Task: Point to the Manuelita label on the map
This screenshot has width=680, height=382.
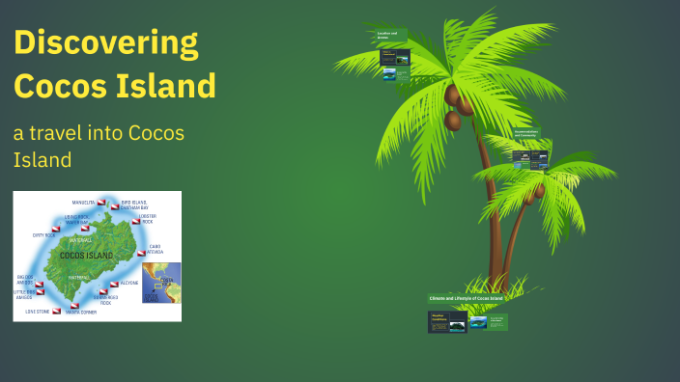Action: point(83,203)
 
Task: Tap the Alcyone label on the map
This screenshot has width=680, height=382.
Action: point(128,284)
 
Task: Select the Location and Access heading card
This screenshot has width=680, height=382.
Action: point(390,36)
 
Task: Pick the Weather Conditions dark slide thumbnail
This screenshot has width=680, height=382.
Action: point(447,322)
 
